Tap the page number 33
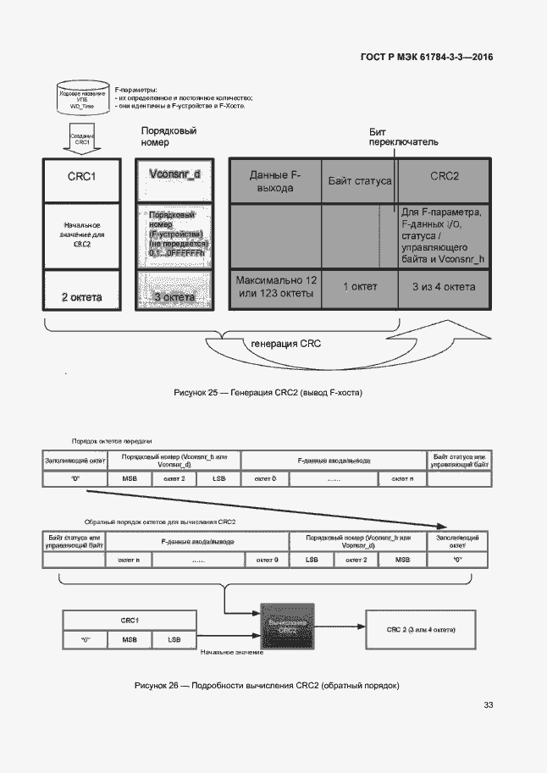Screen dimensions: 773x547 click(488, 705)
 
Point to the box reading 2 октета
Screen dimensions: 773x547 click(82, 296)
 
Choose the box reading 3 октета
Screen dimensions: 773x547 click(174, 296)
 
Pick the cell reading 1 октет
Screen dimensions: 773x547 click(360, 287)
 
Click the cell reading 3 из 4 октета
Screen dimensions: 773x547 click(445, 287)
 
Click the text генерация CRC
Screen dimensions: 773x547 click(285, 344)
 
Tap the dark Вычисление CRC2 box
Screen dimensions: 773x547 click(287, 627)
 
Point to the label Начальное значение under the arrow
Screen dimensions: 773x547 click(231, 652)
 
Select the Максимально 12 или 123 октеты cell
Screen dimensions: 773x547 click(275, 287)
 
